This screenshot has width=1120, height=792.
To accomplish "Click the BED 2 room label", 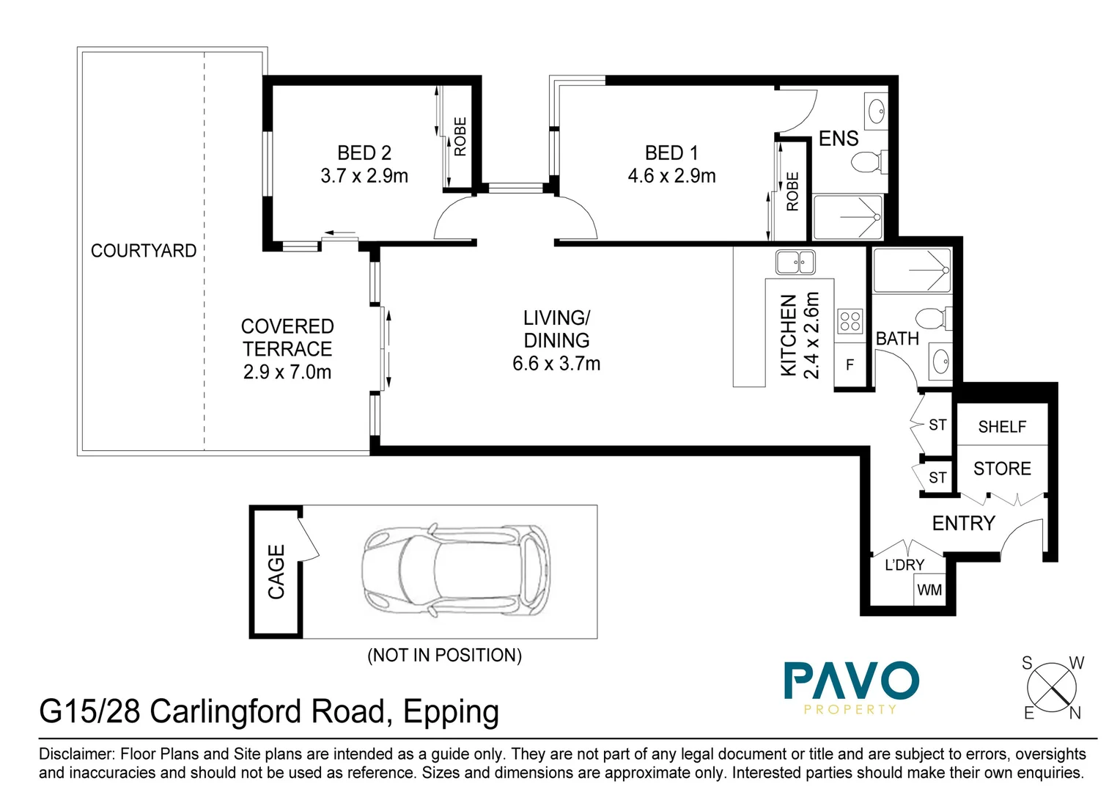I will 364,153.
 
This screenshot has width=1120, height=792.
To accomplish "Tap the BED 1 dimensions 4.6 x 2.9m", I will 671,176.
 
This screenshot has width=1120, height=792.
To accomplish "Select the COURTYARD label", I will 144,251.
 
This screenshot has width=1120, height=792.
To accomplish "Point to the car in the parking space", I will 456,571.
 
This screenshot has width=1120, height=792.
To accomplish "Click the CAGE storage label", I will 276,571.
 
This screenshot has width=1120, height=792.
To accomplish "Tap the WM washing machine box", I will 929,590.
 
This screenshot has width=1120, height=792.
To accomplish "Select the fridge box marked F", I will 850,364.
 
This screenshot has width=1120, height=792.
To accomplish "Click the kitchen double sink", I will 795,261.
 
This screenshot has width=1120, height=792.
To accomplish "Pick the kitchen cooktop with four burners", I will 850,321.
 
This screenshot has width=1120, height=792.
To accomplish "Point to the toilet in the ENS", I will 869,161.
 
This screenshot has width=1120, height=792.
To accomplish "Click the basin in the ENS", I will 876,111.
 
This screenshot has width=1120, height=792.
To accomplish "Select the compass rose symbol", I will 1052,688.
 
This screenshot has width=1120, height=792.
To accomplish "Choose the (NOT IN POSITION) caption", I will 444,655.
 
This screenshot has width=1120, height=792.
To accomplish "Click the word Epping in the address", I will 451,712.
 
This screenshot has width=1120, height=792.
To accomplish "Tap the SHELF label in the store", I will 1002,427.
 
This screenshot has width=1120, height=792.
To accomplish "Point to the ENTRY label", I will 963,523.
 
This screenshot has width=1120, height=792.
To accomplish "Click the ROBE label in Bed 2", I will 460,136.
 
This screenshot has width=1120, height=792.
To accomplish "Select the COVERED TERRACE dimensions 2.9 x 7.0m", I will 287,372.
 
